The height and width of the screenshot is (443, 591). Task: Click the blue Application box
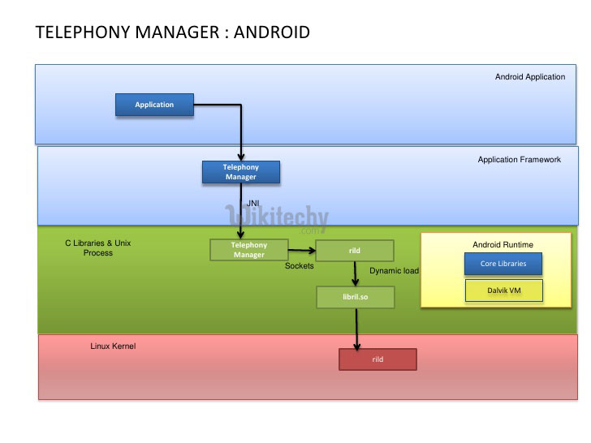point(154,105)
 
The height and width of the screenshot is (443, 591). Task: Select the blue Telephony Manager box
point(240,172)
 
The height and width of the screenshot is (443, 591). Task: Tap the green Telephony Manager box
point(248,250)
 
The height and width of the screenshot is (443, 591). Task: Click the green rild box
point(354,251)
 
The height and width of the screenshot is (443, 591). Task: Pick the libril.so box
point(355,297)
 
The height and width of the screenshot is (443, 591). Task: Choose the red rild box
point(377,359)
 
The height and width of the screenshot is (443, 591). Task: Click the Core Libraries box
point(503,264)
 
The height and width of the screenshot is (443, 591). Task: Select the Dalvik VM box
point(503,290)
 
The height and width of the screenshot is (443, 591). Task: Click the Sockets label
point(299,266)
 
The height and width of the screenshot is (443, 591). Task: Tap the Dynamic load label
point(394,271)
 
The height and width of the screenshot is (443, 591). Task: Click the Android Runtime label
point(503,244)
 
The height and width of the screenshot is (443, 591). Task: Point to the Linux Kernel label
point(113,346)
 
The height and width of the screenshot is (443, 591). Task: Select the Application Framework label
point(519,160)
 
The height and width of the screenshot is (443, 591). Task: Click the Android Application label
point(530,77)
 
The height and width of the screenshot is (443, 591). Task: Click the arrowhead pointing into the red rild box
point(356,346)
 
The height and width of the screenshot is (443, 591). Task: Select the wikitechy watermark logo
point(276,217)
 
